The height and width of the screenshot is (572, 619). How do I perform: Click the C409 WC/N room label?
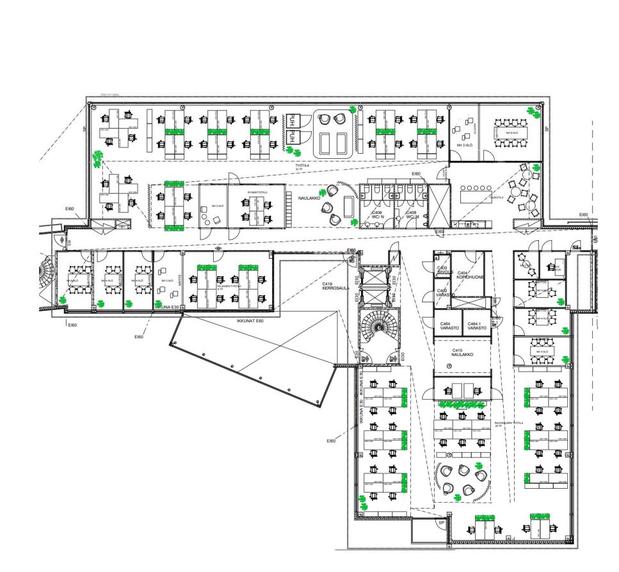tap(377, 216)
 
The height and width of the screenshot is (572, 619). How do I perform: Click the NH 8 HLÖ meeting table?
tap(510, 133)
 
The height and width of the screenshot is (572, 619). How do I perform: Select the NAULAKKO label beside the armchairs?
tap(309, 199)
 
